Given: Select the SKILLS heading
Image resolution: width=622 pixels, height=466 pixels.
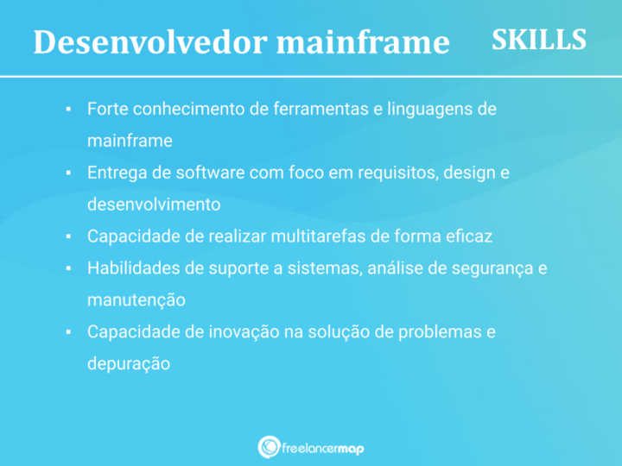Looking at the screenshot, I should (x=539, y=40).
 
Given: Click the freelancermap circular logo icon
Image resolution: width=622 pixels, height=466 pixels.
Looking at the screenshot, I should (x=269, y=447).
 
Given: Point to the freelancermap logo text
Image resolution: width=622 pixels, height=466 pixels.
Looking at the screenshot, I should (x=323, y=447).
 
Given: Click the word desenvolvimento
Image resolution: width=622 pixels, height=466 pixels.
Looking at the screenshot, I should (x=154, y=205).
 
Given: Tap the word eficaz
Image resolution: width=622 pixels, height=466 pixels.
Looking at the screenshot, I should (x=470, y=236).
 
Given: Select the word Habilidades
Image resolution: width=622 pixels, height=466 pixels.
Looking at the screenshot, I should (x=132, y=268).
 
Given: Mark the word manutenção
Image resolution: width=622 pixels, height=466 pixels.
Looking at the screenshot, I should (x=136, y=300).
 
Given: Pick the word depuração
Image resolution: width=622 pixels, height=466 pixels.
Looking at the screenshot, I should (x=128, y=363).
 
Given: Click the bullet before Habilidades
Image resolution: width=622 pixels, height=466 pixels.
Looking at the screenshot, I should (x=68, y=268).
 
